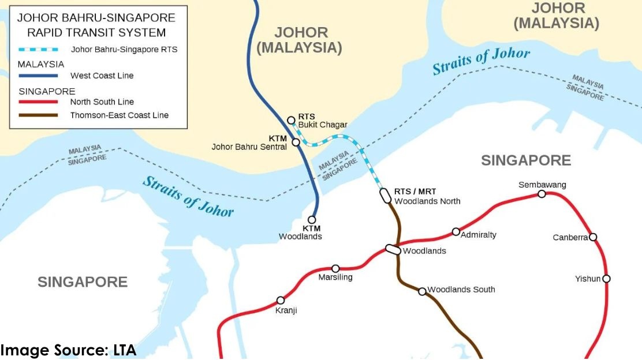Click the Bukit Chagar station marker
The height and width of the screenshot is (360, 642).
292,120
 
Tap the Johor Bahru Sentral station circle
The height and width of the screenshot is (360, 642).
296,142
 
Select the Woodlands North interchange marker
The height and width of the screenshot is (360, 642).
385,196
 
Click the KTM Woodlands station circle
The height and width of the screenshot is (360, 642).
312,220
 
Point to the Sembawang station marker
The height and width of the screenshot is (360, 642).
542,194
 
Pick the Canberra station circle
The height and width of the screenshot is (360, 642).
593,237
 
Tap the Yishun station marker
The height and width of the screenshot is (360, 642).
606,279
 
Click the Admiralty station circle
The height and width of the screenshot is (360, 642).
456,232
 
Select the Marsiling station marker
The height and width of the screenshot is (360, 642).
335,268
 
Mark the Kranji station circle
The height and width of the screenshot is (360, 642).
281,300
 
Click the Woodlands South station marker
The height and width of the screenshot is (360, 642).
422,291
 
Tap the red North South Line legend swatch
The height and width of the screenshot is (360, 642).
38,102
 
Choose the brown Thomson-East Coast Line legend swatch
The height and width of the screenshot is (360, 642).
38,115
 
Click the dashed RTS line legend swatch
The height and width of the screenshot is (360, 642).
38,50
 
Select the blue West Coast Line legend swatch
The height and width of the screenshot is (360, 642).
38,76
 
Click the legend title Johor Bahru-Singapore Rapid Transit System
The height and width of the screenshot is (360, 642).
96,25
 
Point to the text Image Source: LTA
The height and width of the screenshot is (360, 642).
68,350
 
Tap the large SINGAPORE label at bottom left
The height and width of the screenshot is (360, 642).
83,282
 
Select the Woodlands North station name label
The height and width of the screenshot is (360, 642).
427,201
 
